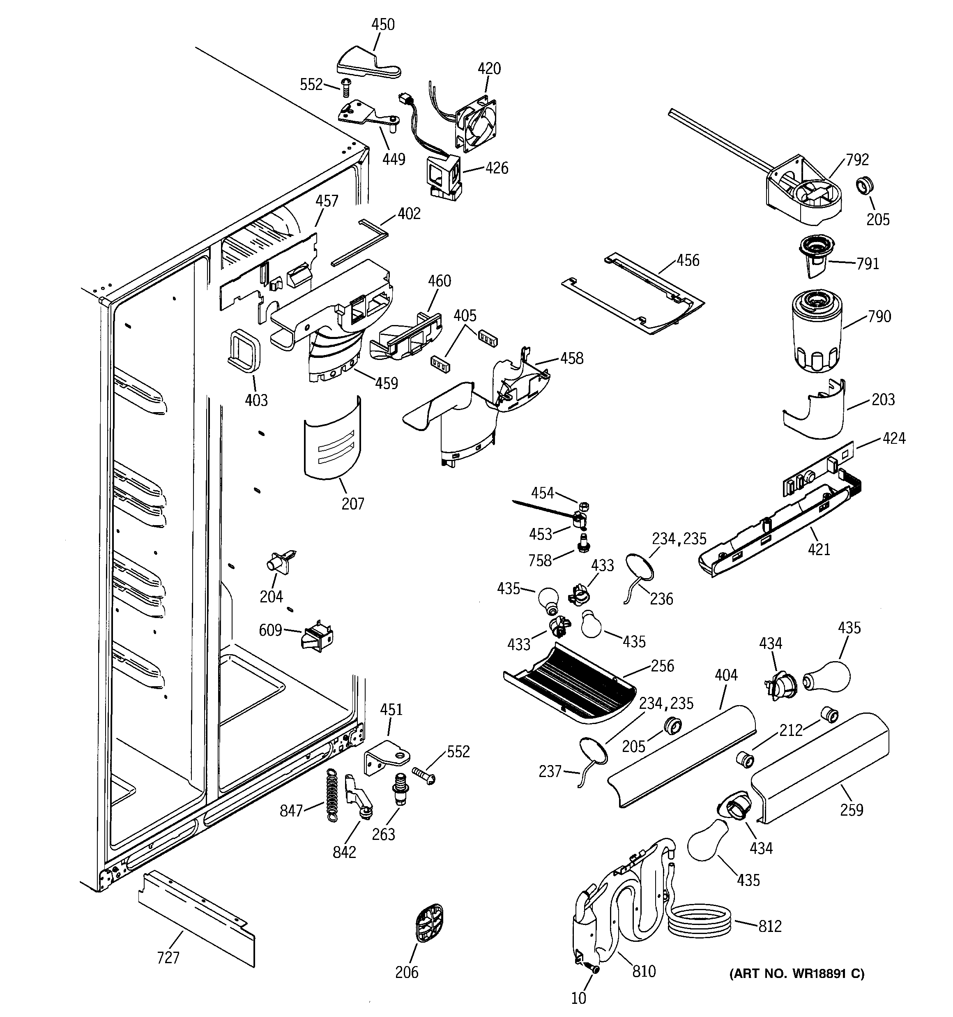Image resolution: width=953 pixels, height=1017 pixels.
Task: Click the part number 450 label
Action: tap(382, 25)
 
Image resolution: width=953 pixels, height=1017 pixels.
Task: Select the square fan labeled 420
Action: tap(477, 125)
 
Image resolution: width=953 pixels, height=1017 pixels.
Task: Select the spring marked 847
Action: tap(332, 796)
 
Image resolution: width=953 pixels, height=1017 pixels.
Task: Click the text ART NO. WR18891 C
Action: tap(796, 973)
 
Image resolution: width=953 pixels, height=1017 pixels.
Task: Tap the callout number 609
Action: tap(270, 630)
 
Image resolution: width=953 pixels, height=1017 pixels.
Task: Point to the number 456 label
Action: tap(688, 261)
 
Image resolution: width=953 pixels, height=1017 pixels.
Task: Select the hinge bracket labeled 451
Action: tap(388, 758)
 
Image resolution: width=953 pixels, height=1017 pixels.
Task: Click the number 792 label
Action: tap(857, 160)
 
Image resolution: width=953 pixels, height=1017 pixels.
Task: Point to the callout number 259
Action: tap(851, 810)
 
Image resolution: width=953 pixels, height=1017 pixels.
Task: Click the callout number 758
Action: tap(540, 560)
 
